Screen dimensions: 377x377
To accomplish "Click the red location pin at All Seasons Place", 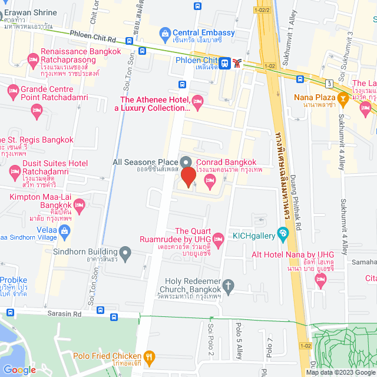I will click(188, 177).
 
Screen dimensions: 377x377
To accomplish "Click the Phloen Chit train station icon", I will click(225, 61).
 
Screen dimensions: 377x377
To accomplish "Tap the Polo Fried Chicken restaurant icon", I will click(150, 356).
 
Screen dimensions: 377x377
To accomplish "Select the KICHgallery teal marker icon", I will click(283, 234).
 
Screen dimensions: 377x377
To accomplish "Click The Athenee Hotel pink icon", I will click(197, 103).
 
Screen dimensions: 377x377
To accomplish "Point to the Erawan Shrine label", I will click(32, 12).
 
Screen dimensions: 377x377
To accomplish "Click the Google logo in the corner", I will click(19, 369).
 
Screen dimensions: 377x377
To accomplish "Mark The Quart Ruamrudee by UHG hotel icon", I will click(219, 238).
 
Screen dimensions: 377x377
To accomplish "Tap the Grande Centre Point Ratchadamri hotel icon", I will click(13, 91).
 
